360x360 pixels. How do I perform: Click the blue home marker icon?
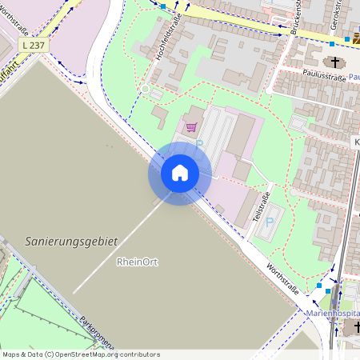(x=179, y=173)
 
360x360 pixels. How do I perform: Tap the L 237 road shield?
(x=34, y=46)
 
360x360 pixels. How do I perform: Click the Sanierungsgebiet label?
(x=71, y=240)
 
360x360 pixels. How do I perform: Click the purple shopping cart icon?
(x=191, y=126)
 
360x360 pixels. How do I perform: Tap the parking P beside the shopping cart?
(x=200, y=143)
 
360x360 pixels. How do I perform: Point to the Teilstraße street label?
(x=258, y=206)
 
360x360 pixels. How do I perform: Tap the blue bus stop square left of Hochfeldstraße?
(x=162, y=6)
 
